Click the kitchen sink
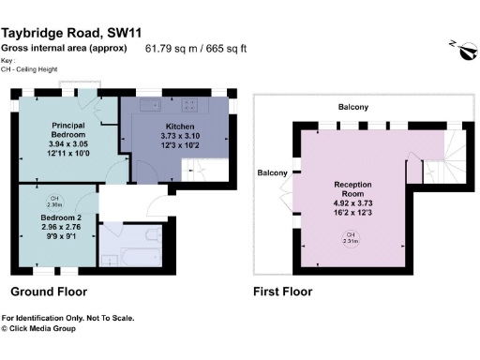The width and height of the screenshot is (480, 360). [x=149, y=105]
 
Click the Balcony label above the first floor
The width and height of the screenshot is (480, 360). [x=352, y=108]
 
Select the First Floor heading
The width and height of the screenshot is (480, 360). [x=282, y=292]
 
